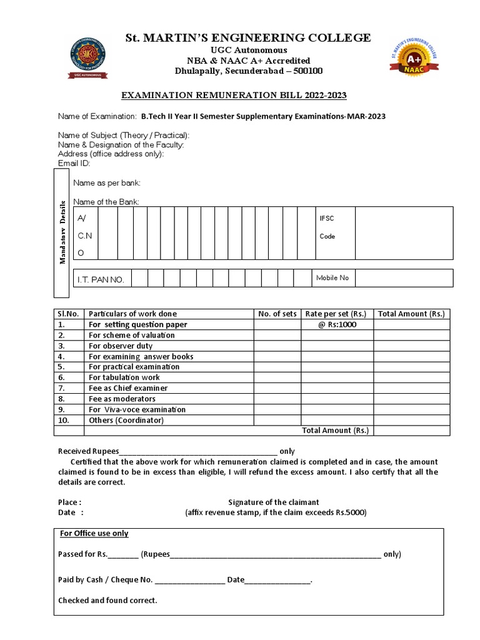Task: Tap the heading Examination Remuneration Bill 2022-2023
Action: pos(233,95)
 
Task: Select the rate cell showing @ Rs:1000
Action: pos(337,324)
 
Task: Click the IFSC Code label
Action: pos(327,227)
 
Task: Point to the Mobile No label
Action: pos(332,278)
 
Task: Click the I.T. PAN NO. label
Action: pos(100,279)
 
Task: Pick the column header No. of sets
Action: pos(277,314)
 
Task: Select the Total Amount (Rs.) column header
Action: pos(411,314)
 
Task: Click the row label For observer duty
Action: pos(121,346)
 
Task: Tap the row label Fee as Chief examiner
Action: pos(128,388)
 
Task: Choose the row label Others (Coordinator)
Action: pos(126,420)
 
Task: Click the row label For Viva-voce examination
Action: pos(137,409)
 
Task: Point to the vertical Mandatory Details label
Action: pos(62,233)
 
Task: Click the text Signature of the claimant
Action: pos(274,502)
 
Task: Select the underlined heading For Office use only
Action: pos(94,533)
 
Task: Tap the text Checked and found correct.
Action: pos(107,601)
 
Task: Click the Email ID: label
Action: pos(74,163)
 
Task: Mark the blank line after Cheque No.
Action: pos(190,581)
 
